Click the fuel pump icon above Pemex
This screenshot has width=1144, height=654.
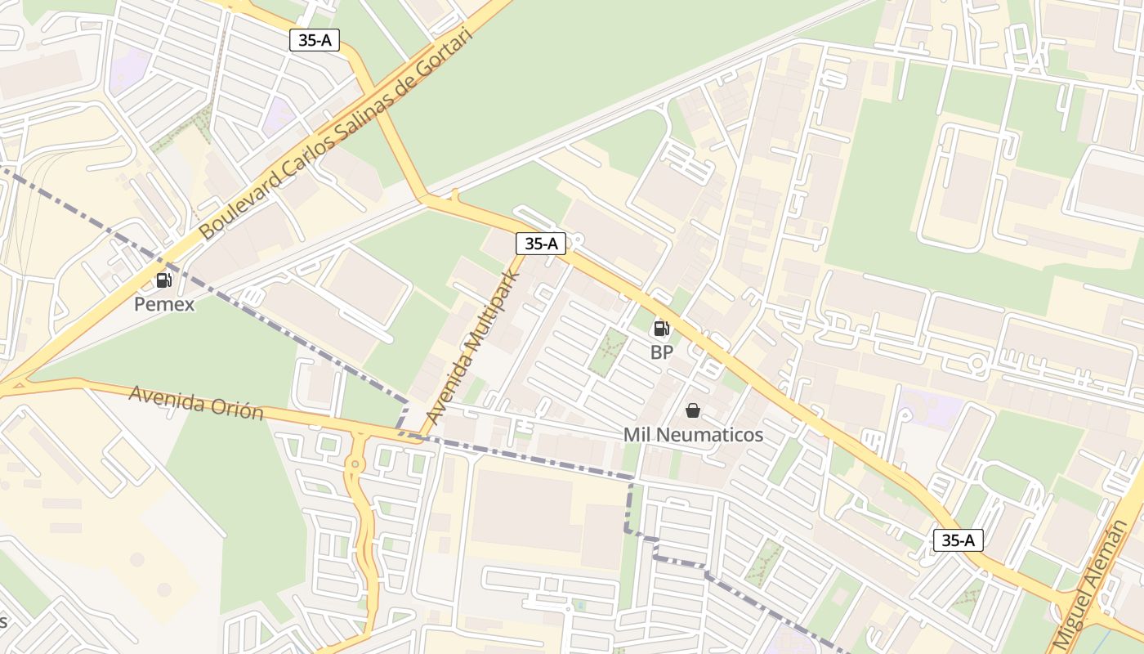point(164,280)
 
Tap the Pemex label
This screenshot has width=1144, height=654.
point(165,305)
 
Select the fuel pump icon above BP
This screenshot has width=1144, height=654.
point(661,329)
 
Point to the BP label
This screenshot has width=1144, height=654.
point(662,352)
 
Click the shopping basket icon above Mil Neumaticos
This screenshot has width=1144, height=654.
point(693,410)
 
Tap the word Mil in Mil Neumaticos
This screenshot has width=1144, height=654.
point(637,435)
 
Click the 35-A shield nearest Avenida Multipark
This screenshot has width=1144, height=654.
point(541,243)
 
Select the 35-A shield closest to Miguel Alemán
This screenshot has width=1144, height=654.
point(958,540)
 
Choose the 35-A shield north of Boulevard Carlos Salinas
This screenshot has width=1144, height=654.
point(315,40)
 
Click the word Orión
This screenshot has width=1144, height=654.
point(239,409)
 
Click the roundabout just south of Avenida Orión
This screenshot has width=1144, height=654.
point(354,464)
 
